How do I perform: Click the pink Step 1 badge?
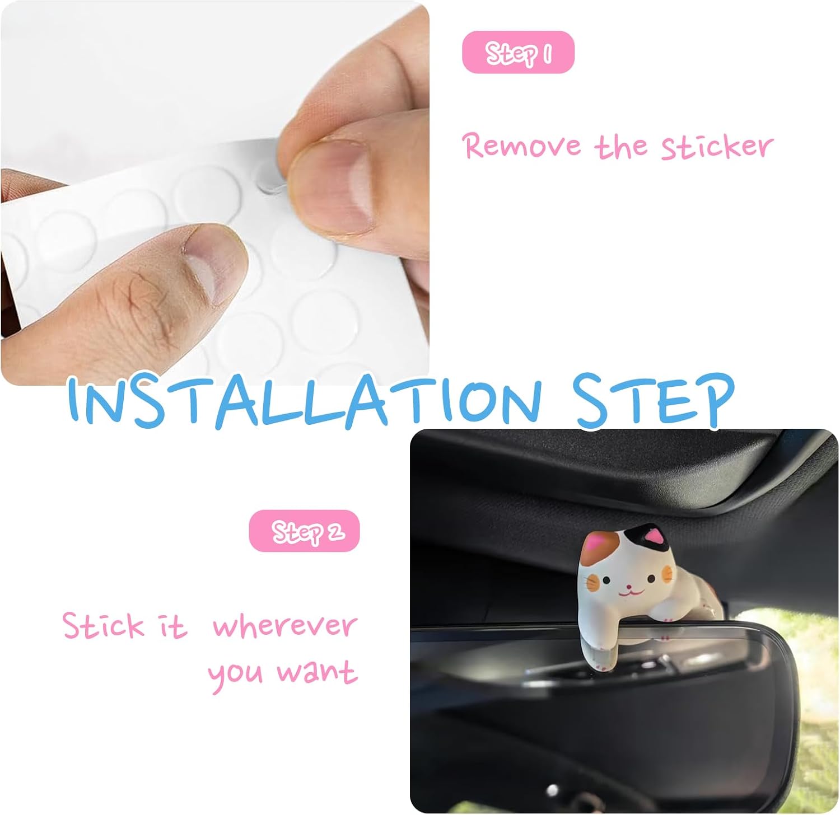[518, 53]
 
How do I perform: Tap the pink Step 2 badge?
[304, 531]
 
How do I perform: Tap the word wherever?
[284, 625]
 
